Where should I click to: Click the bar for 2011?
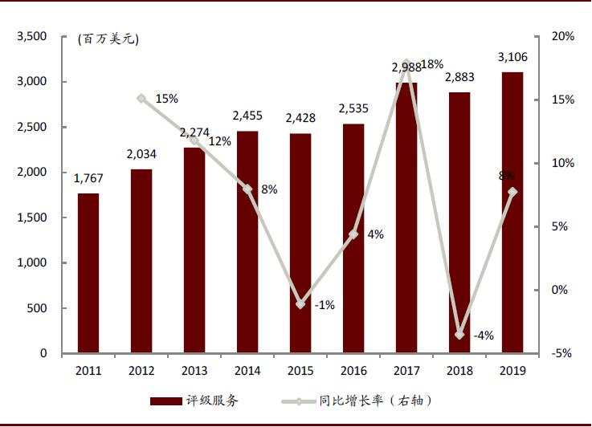pos(88,273)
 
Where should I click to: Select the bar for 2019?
pos(512,213)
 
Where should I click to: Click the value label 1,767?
pos(88,179)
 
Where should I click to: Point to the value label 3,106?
pos(512,57)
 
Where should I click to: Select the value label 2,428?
pos(300,119)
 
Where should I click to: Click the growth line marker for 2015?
pos(300,304)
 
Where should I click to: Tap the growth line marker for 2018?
pos(459,334)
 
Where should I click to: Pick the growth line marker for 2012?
pos(141,99)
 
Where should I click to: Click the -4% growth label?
pos(484,335)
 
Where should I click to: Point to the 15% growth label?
pos(167,99)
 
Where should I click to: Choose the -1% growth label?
pos(325,306)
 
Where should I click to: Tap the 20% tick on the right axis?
pos(563,37)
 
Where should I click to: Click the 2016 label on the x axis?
pos(353,371)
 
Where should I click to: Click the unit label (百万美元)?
pos(108,39)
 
